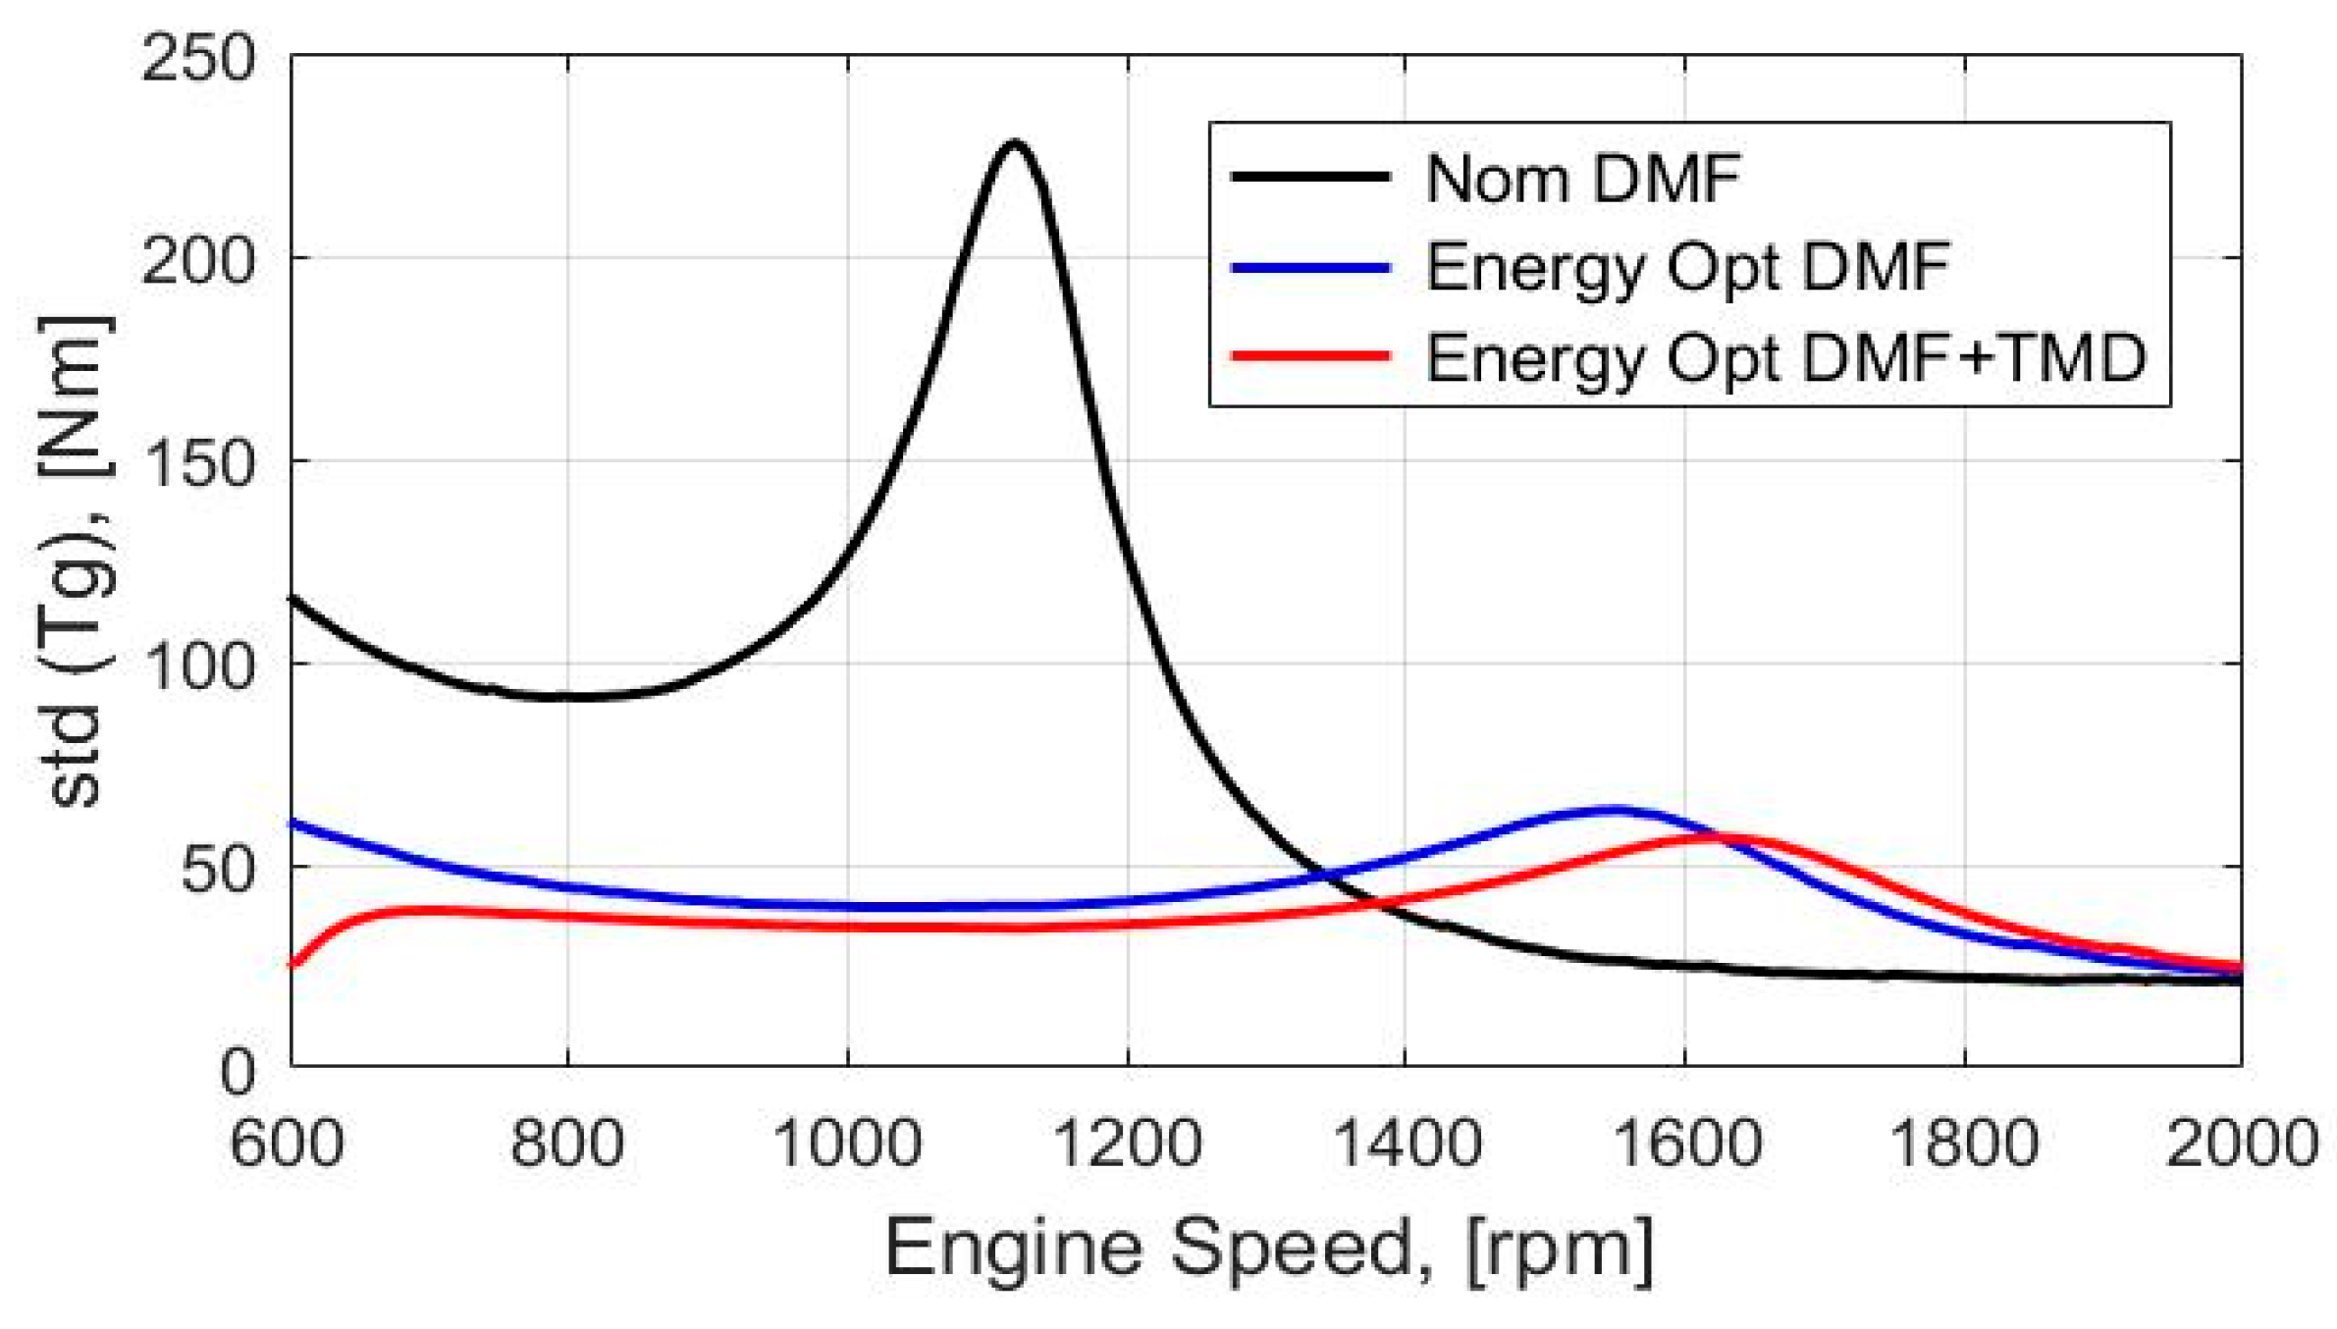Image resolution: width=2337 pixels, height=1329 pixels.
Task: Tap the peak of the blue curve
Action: (1613, 810)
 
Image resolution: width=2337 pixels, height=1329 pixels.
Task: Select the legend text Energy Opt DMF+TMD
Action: (1785, 358)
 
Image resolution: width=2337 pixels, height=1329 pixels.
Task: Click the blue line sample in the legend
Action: (1310, 267)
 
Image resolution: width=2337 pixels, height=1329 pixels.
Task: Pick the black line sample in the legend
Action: (1310, 178)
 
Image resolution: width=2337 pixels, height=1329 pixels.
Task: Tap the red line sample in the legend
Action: (1310, 356)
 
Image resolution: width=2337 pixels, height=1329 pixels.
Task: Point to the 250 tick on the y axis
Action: (197, 59)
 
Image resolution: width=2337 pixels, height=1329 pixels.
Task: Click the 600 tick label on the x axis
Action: (287, 1144)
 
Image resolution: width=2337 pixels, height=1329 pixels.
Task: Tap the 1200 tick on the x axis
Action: (1127, 1144)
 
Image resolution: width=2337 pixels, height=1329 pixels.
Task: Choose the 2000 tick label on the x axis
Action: (2241, 1144)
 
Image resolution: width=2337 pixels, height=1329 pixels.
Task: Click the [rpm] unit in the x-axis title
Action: (1560, 1251)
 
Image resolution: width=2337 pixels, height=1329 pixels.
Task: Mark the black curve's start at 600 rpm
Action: (292, 597)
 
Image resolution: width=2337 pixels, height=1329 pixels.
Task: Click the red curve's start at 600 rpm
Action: (292, 965)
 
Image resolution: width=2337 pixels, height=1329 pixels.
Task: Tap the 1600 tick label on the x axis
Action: (1684, 1144)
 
